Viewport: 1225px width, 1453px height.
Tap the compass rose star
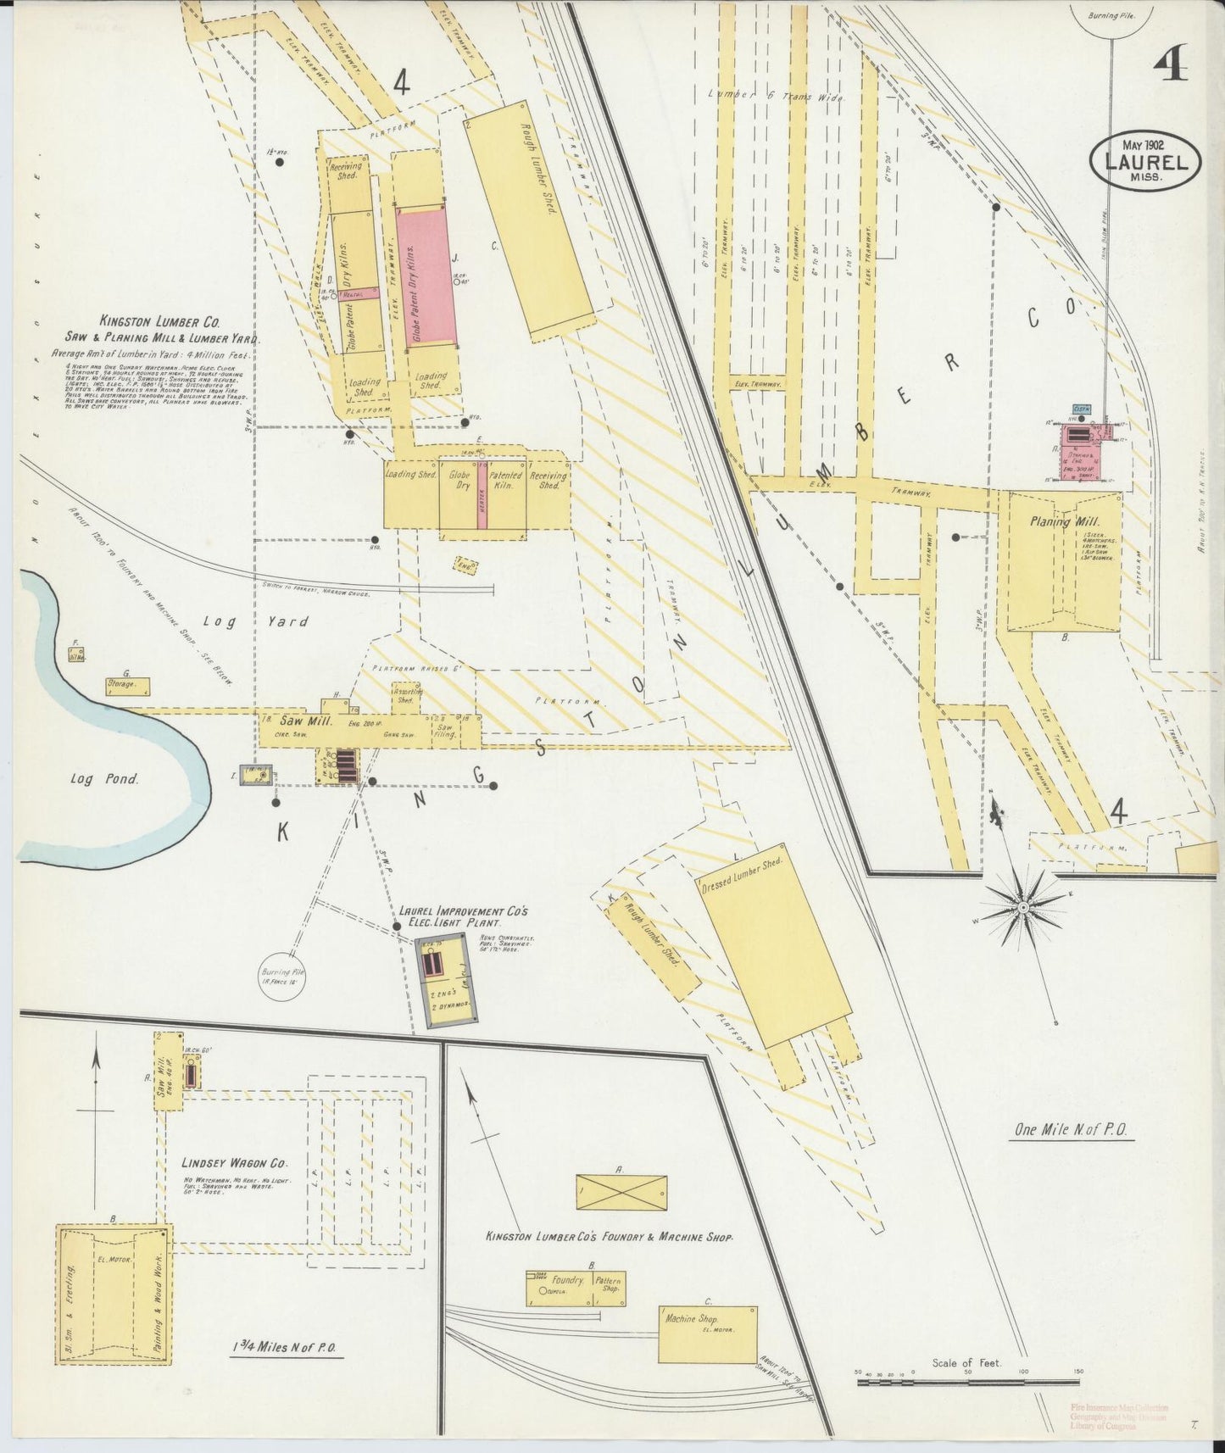(1023, 907)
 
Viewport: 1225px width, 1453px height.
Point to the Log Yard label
(279, 621)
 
